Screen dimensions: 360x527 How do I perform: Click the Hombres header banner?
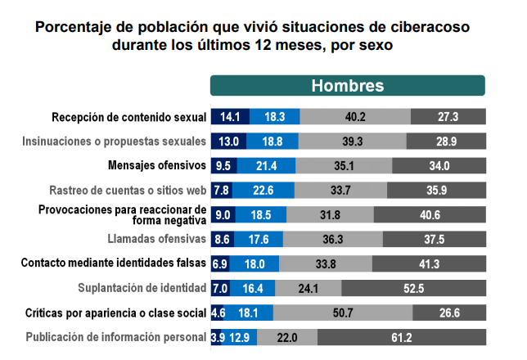coord(347,86)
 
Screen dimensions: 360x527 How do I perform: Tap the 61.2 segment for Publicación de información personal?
coord(401,337)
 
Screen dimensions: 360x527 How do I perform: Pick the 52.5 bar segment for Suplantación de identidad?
coord(413,288)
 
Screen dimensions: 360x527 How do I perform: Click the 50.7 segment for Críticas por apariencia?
coord(343,313)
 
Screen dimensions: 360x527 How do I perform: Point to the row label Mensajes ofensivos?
coord(156,165)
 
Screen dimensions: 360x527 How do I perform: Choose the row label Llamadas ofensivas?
coord(156,239)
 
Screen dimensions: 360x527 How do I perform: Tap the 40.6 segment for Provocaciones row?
coord(430,214)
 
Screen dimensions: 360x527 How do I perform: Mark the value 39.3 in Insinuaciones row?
coord(354,141)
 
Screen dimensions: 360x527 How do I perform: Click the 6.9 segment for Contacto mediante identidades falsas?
coord(219,263)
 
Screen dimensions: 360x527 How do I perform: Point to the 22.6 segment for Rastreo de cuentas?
coord(263,190)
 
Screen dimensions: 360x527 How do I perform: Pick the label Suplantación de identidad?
coord(141,288)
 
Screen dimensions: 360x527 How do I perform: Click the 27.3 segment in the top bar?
coord(448,116)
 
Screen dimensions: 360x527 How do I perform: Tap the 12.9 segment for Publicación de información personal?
coord(240,337)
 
